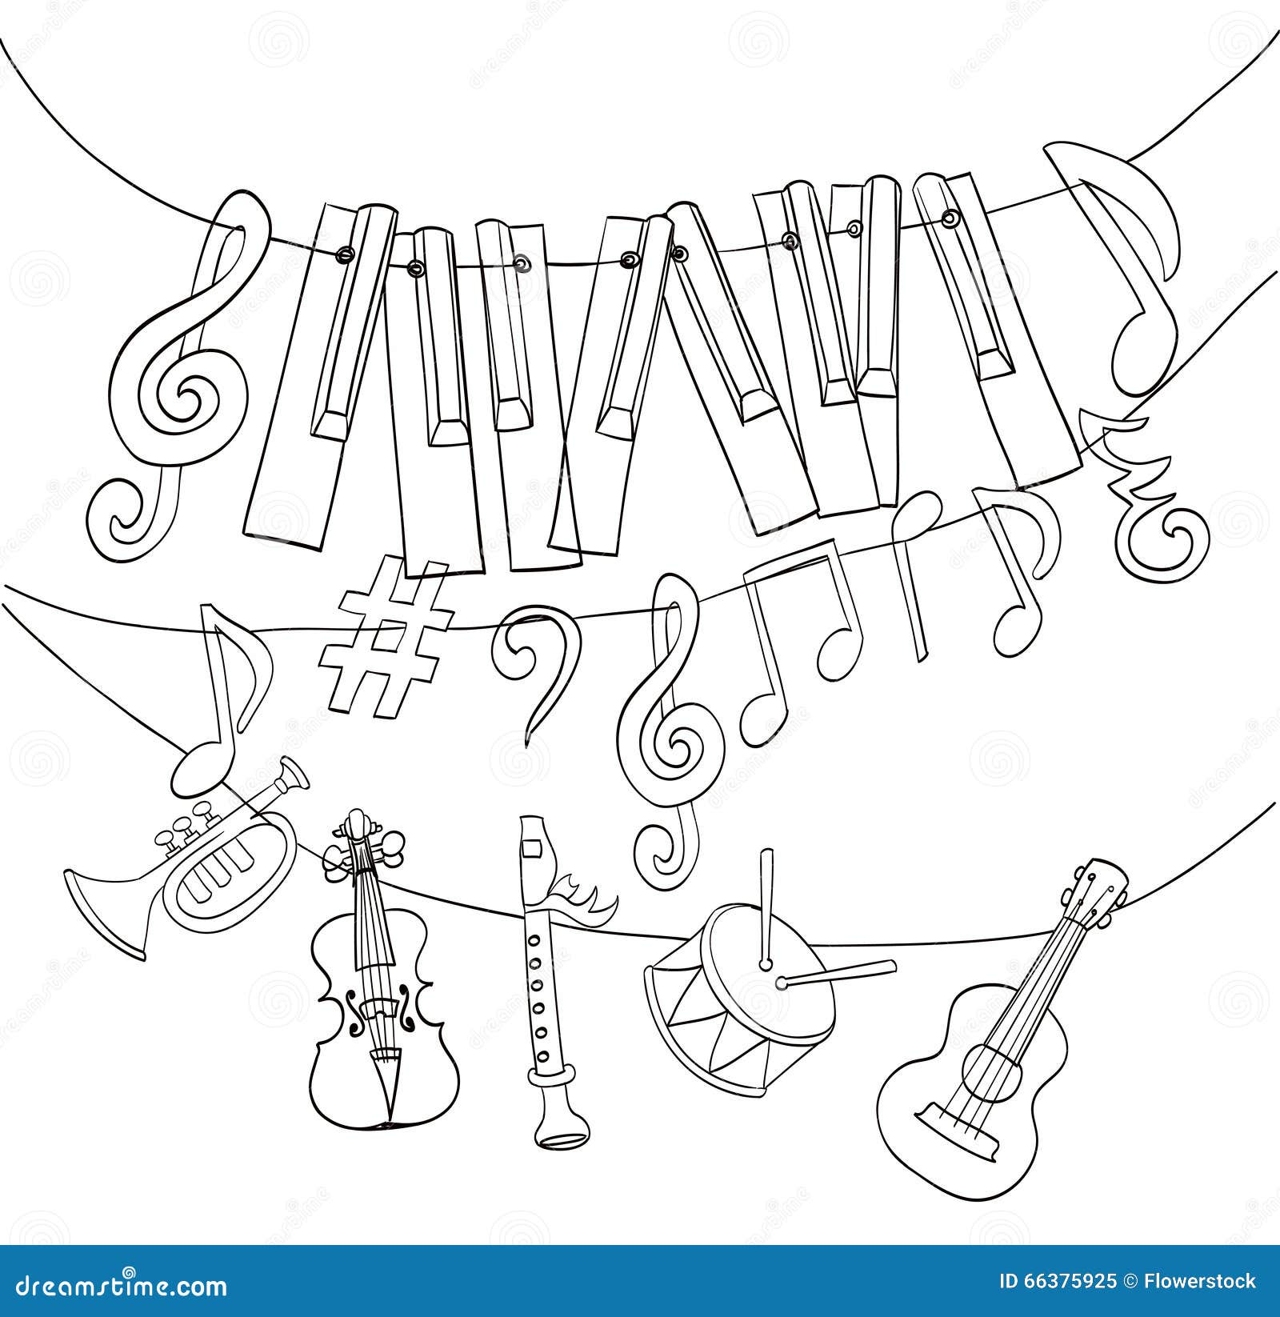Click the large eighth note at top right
(1128, 240)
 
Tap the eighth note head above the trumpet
(196, 764)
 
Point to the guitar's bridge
(952, 1116)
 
